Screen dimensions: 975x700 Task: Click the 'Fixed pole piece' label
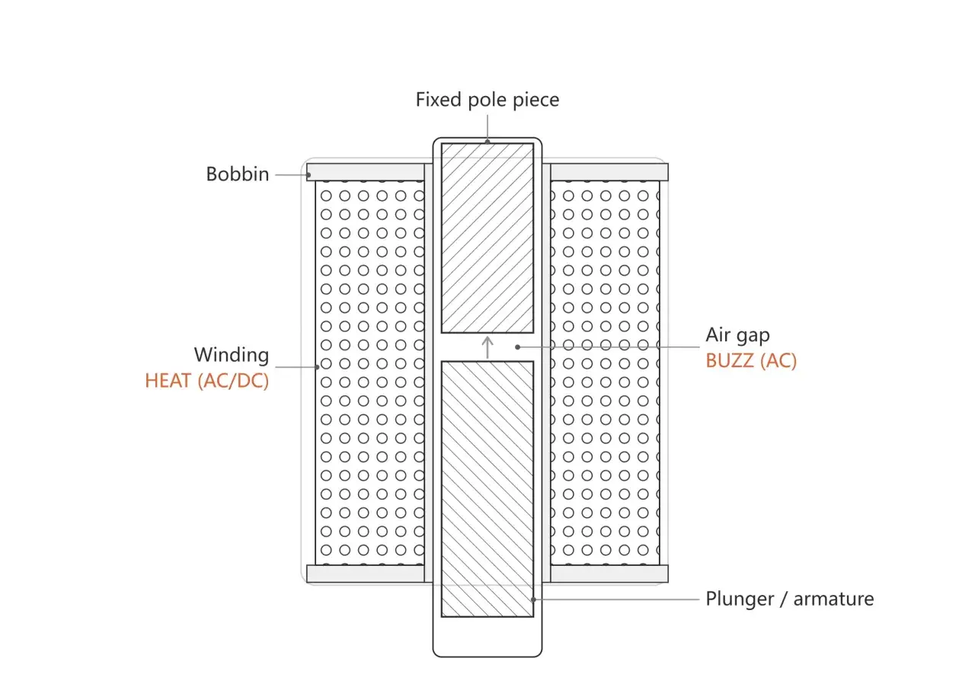click(x=487, y=100)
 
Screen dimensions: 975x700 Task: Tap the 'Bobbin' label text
click(x=238, y=174)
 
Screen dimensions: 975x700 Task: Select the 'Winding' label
click(x=232, y=355)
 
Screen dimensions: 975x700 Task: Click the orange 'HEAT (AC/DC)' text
click(x=206, y=381)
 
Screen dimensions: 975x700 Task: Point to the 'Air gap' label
click(x=738, y=335)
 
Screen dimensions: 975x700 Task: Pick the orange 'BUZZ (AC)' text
click(x=751, y=361)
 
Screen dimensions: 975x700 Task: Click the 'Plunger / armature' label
click(x=790, y=599)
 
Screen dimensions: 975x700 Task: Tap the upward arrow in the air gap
click(x=487, y=347)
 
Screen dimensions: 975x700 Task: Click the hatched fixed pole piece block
click(x=487, y=238)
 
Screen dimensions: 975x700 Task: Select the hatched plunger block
click(x=487, y=489)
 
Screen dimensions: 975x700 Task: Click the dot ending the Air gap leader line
click(x=517, y=347)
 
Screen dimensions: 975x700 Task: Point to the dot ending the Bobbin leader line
click(x=308, y=175)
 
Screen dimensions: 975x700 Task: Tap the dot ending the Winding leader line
click(x=318, y=367)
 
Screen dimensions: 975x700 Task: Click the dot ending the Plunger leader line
click(x=534, y=599)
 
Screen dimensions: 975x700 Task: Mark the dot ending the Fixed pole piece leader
click(x=487, y=142)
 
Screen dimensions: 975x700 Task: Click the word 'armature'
click(x=833, y=599)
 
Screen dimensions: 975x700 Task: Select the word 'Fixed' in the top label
click(x=438, y=100)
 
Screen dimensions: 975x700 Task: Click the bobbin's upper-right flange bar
click(x=609, y=172)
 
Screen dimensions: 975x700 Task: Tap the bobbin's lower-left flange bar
click(x=366, y=574)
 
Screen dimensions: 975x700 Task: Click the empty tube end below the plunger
click(x=487, y=637)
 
